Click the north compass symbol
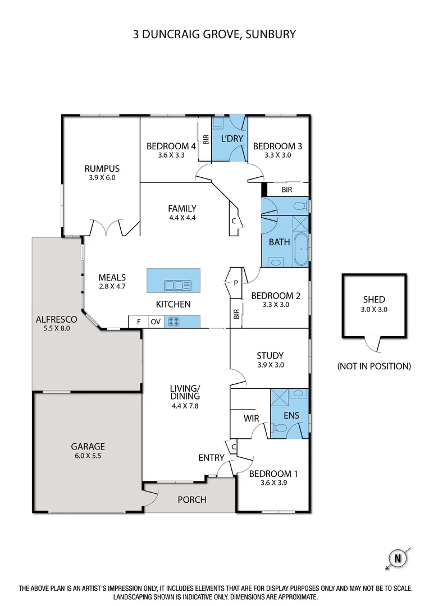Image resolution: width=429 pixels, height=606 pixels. (x=398, y=558)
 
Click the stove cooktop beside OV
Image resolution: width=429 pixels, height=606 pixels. (x=174, y=322)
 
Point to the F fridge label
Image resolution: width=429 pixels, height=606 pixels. (x=138, y=322)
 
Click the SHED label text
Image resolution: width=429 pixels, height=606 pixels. (x=374, y=300)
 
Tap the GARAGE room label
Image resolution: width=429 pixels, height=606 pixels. (x=88, y=447)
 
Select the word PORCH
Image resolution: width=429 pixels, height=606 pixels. (x=192, y=499)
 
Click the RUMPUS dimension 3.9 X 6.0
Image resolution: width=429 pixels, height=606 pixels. (x=102, y=177)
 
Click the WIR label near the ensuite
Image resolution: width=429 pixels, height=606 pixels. (x=250, y=418)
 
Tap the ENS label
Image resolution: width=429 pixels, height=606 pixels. (x=291, y=416)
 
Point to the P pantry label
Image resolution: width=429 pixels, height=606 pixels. (x=236, y=283)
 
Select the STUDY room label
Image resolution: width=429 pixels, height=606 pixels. (x=270, y=355)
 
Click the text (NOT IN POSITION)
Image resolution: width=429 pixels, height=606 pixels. (x=374, y=366)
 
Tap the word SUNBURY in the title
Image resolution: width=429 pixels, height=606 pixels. (x=271, y=34)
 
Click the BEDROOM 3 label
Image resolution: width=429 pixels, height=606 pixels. (x=277, y=146)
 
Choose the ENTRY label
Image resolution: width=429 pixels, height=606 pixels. (x=211, y=458)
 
